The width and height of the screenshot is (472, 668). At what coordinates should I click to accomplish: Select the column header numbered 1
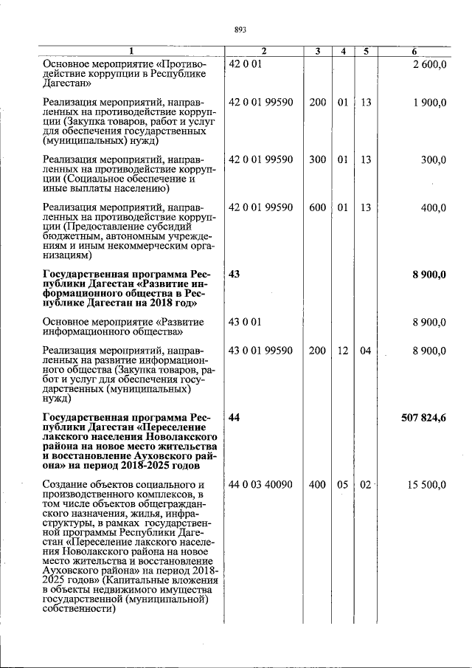pyautogui.click(x=131, y=51)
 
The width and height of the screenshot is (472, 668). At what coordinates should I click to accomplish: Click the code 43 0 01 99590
pyautogui.click(x=260, y=351)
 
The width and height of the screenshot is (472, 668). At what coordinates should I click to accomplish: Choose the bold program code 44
pyautogui.click(x=235, y=418)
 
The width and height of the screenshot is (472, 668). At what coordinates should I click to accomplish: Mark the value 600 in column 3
pyautogui.click(x=318, y=208)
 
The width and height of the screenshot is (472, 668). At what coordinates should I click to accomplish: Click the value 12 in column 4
pyautogui.click(x=343, y=351)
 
